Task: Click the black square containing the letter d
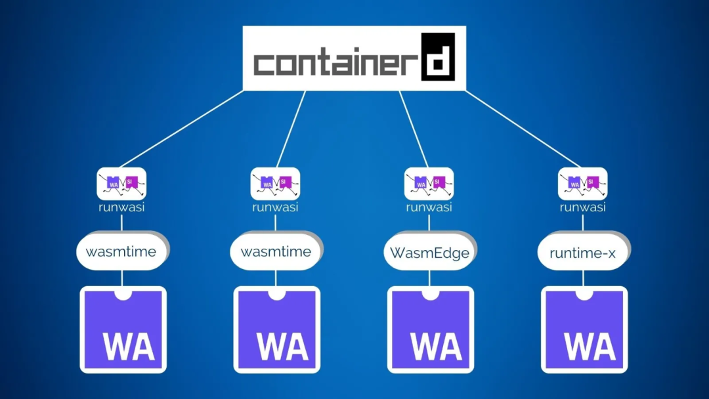(438, 57)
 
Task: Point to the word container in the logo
(335, 64)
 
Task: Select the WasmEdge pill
(429, 252)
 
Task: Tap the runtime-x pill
(582, 252)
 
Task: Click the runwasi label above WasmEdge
(429, 207)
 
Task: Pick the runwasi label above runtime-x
(582, 207)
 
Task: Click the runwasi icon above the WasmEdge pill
(429, 184)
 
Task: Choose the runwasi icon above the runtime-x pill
(582, 184)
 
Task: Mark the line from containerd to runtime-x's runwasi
(522, 129)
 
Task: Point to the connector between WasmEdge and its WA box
(429, 278)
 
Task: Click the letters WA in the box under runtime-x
(589, 346)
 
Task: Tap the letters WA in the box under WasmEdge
(435, 346)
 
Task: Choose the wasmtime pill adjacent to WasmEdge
(276, 252)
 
